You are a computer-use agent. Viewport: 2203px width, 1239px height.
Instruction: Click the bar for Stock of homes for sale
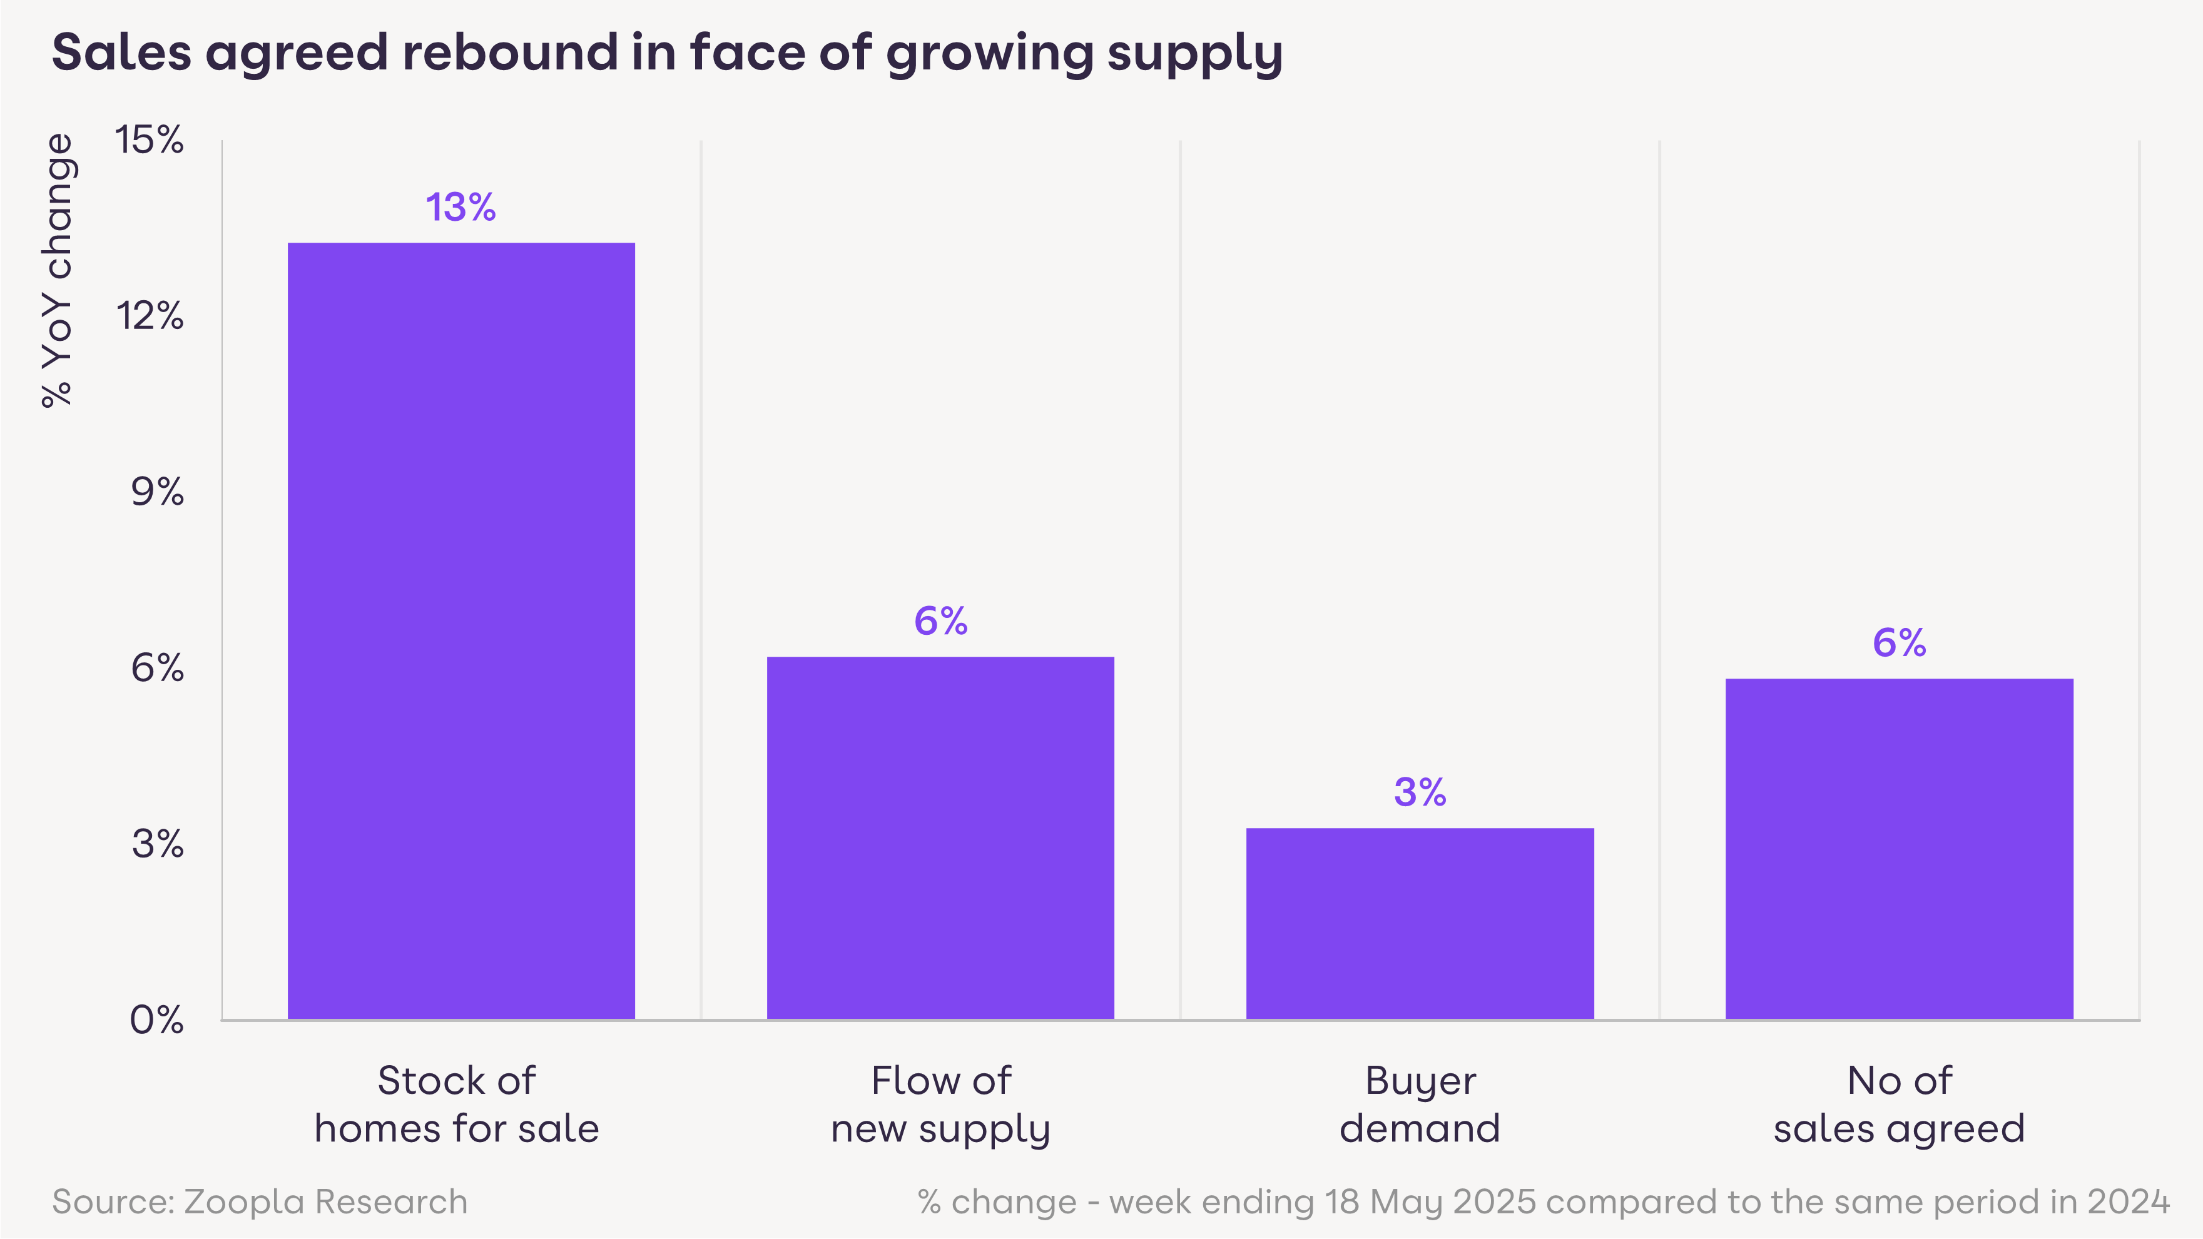click(461, 630)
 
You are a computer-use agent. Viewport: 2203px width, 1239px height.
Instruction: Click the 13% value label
click(461, 208)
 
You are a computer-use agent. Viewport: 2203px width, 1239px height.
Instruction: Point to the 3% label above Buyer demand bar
click(1420, 792)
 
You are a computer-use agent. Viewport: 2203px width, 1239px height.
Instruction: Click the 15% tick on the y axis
click(150, 140)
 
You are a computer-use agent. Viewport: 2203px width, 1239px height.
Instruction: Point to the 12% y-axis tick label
click(150, 316)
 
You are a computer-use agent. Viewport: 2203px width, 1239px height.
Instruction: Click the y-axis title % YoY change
click(58, 270)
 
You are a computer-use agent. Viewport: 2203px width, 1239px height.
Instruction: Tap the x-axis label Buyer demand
click(1420, 1105)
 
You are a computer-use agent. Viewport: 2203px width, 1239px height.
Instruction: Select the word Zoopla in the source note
click(244, 1202)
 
